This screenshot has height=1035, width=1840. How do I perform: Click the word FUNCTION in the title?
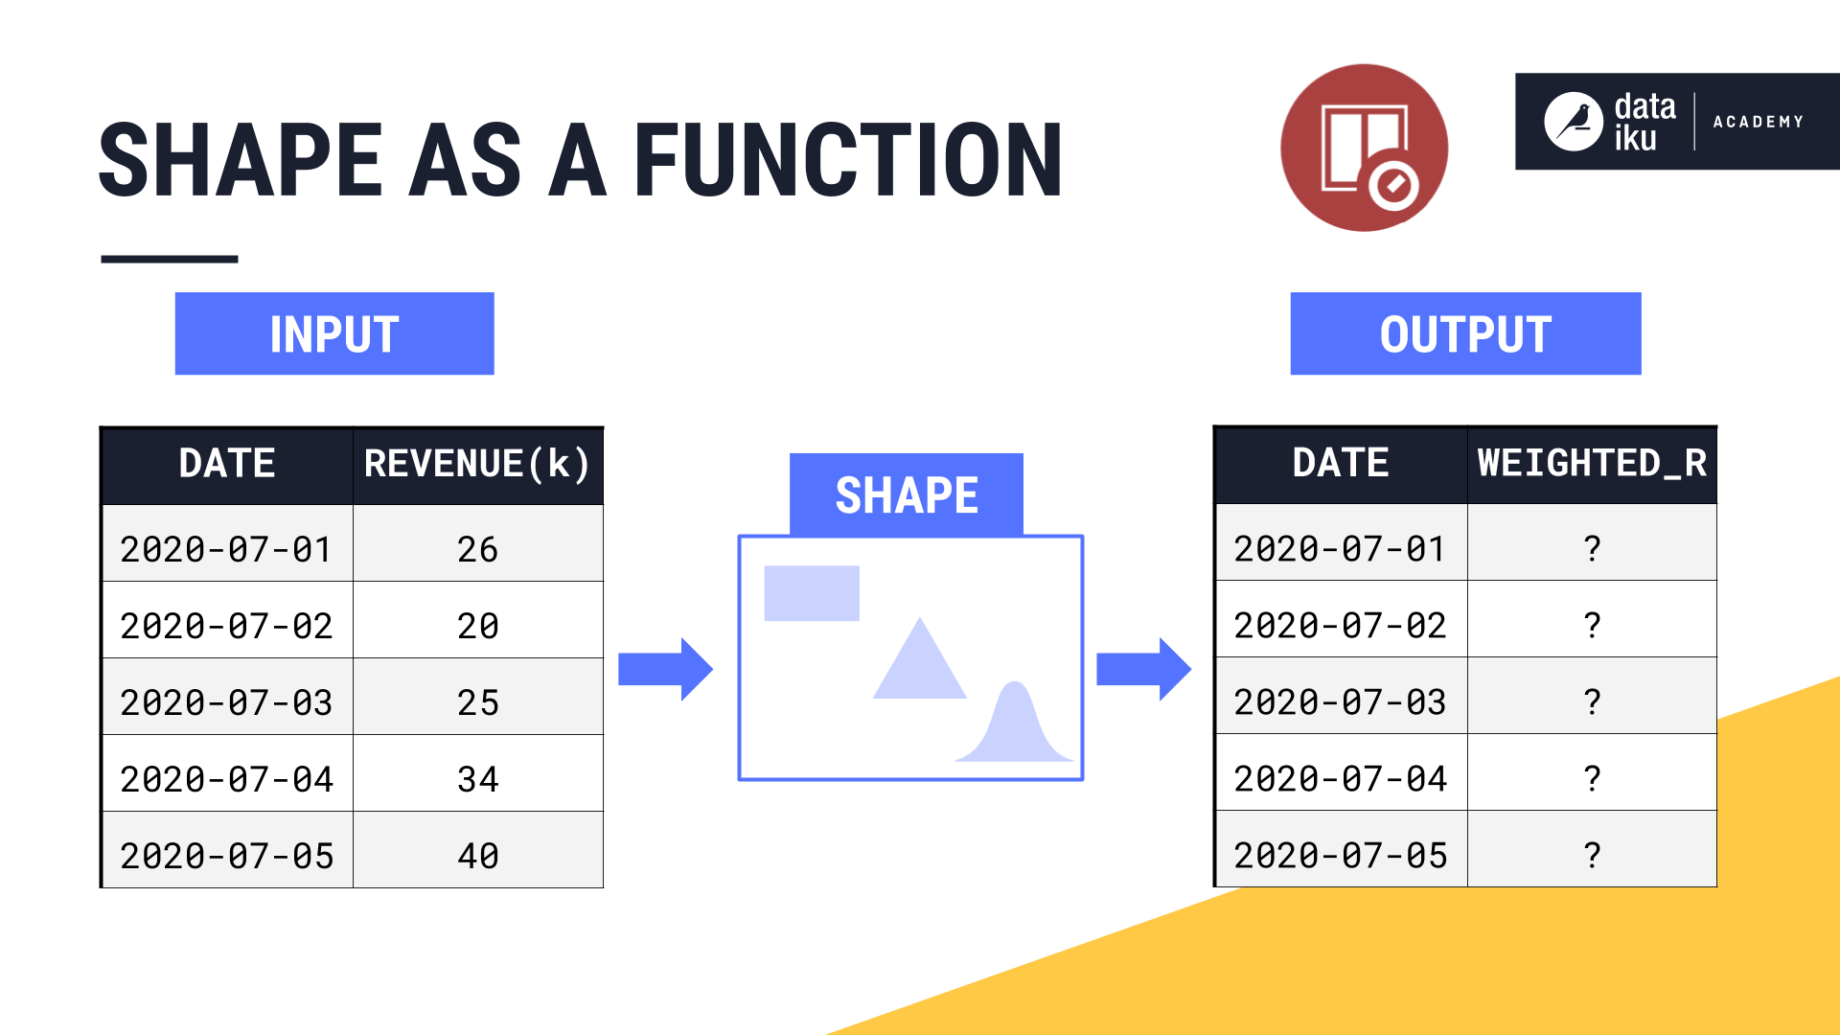848,160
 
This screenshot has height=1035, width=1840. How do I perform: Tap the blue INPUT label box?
334,333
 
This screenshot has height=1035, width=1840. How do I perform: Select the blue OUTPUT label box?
1465,333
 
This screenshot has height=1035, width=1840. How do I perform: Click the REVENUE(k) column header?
477,465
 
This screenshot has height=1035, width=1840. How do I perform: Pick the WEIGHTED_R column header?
1592,464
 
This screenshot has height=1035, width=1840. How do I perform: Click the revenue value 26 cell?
477,549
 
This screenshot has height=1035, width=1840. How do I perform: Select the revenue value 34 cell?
477,778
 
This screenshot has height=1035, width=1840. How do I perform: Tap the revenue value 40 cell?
477,855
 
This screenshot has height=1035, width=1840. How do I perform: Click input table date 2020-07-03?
227,702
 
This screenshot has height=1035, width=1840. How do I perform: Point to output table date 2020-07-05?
1341,855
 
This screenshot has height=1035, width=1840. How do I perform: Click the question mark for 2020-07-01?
1592,548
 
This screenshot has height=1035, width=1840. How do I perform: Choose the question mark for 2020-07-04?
1592,777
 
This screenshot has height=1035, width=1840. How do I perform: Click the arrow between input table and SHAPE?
665,669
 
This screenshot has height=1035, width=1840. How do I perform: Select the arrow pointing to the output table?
1143,669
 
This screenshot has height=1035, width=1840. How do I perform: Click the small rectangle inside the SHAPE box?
812,593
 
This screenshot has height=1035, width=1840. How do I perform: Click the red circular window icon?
1364,148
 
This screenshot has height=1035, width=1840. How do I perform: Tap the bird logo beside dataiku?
1573,122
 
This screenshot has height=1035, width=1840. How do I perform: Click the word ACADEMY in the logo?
1758,122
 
